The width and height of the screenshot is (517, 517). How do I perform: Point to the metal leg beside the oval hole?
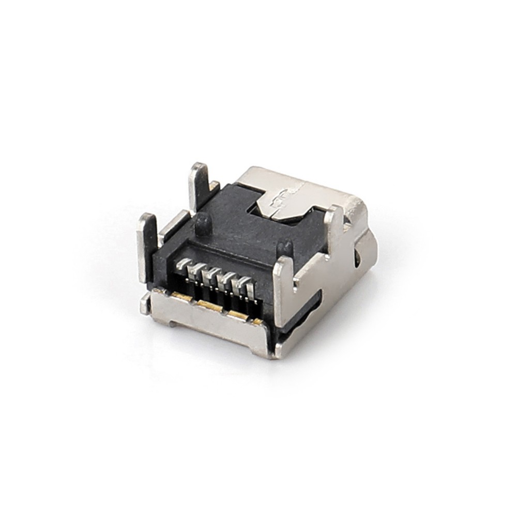coord(335,227)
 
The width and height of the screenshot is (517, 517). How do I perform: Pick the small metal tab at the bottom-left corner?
coord(146,305)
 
